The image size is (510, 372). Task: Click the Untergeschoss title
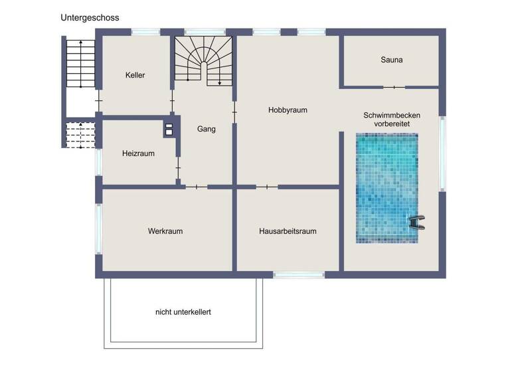[90, 18]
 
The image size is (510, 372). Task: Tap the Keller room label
[135, 75]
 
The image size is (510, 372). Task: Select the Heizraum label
[138, 153]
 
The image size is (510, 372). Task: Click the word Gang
[206, 129]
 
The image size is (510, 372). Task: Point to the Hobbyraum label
[288, 110]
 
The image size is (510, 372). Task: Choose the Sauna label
[391, 60]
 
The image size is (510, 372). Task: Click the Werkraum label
[165, 231]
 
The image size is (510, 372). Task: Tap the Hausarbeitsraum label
[287, 231]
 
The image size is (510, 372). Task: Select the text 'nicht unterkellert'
[183, 311]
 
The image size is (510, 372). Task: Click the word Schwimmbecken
[391, 115]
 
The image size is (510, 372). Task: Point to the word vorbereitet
[391, 124]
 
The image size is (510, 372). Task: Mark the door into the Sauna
[394, 87]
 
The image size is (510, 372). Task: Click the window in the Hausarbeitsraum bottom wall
[298, 274]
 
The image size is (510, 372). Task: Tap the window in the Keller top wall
[145, 31]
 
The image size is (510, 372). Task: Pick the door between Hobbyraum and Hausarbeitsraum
[266, 187]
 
